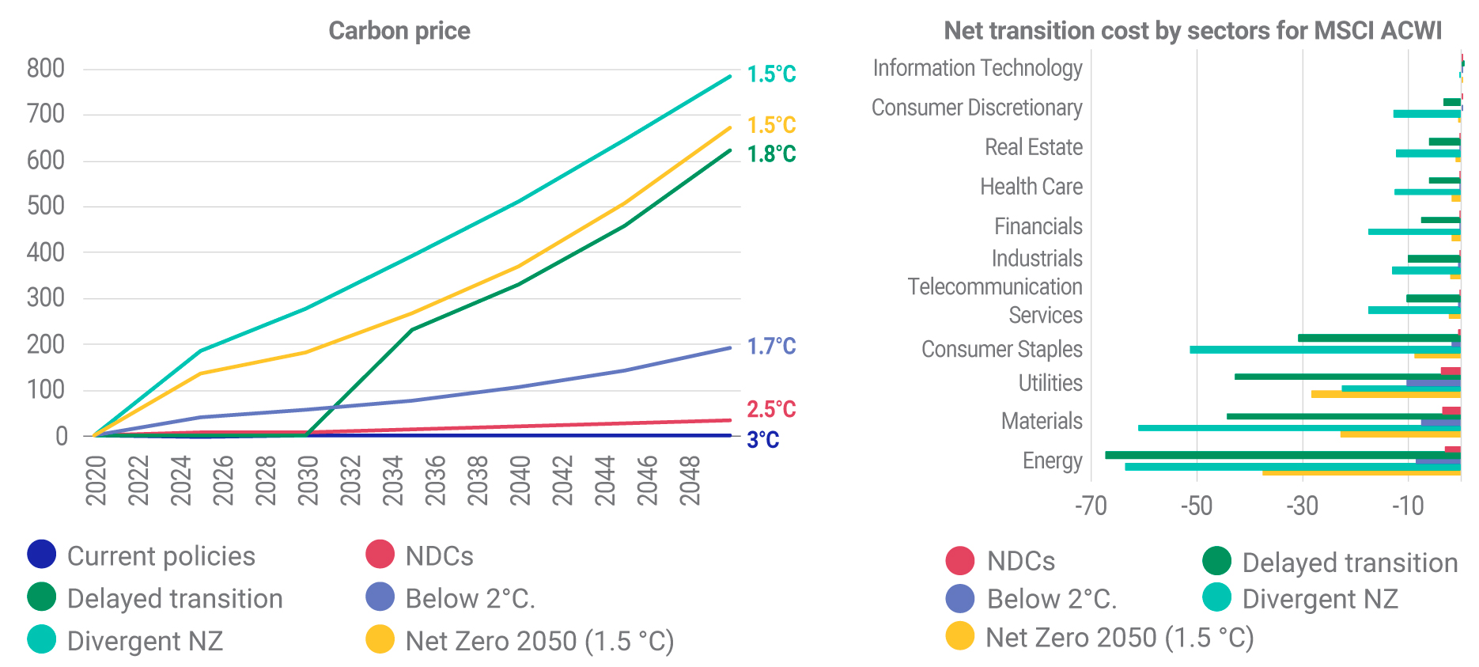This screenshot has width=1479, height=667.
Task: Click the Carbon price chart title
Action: pos(399,31)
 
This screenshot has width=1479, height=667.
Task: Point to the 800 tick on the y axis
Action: pos(46,69)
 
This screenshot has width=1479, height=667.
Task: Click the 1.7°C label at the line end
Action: pos(771,347)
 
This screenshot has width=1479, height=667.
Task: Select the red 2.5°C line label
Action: pos(771,409)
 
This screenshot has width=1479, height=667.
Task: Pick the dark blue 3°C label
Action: pos(762,440)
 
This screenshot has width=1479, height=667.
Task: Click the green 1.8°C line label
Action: pos(771,154)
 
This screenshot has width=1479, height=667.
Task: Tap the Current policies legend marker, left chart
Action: pos(41,554)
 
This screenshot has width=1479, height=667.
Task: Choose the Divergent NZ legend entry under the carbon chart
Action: pos(145,641)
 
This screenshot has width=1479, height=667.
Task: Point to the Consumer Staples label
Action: pos(1001,349)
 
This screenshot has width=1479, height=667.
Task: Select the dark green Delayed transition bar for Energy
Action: pos(1281,455)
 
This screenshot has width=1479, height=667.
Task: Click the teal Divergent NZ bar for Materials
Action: pos(1297,428)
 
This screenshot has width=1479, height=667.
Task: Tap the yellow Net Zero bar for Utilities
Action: pos(1384,394)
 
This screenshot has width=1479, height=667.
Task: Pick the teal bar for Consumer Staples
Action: pos(1325,350)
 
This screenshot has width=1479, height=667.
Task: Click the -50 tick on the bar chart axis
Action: pos(1196,506)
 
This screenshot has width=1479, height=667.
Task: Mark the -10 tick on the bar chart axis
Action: pos(1408,506)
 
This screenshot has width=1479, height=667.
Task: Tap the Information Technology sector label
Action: pos(977,68)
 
